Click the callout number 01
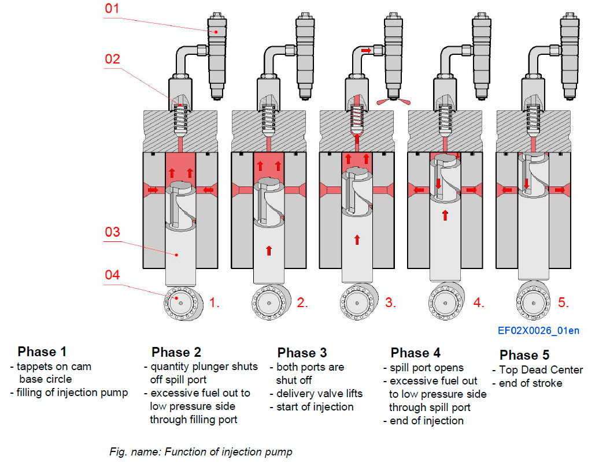[x=112, y=10]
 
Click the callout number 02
[x=112, y=58]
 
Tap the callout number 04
[x=112, y=275]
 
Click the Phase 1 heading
[x=42, y=352]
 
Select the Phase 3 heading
[x=302, y=353]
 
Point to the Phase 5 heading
[x=524, y=354]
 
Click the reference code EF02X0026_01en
[x=538, y=331]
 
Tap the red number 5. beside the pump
[x=564, y=302]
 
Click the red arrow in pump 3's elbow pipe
[x=365, y=51]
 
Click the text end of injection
[x=427, y=421]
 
